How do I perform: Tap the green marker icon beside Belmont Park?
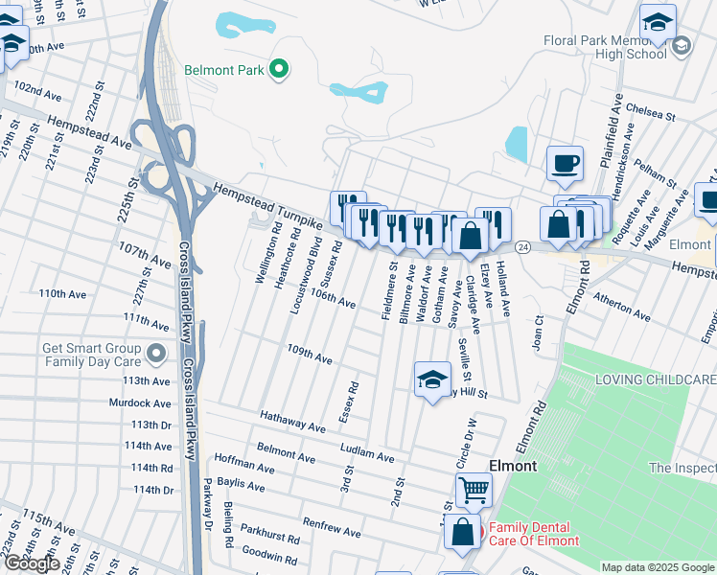click(279, 69)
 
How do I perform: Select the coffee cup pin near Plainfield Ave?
click(566, 163)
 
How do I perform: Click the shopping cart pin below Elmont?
click(474, 491)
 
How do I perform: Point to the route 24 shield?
click(522, 246)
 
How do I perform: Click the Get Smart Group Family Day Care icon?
click(155, 356)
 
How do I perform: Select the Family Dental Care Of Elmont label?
click(534, 534)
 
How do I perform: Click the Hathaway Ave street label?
click(293, 420)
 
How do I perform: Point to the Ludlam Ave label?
click(367, 453)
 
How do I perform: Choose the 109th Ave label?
click(310, 355)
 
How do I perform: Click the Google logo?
click(32, 563)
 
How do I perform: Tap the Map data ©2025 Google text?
click(657, 567)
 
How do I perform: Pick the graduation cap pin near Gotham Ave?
click(432, 379)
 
